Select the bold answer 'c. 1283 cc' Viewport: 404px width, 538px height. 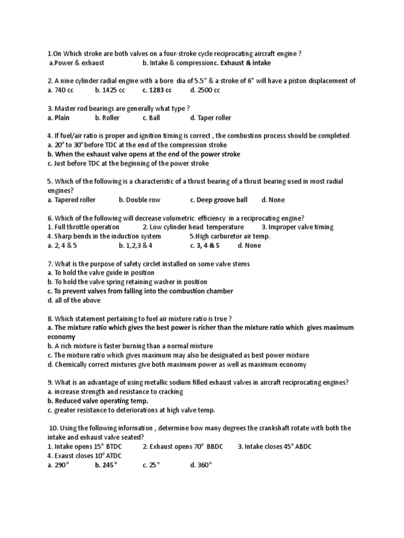pyautogui.click(x=157, y=90)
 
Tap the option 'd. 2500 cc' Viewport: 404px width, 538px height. pyautogui.click(x=205, y=90)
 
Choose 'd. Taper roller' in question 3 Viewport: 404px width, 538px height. pyautogui.click(x=210, y=118)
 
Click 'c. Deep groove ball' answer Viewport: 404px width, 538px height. pyautogui.click(x=218, y=200)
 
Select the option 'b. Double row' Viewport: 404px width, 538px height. pyautogui.click(x=139, y=200)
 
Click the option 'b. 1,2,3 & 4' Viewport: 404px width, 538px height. pyautogui.click(x=136, y=245)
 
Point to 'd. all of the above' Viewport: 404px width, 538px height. pyautogui.click(x=74, y=301)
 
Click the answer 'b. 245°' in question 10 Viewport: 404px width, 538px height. pyautogui.click(x=106, y=465)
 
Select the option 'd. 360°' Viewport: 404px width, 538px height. pyautogui.click(x=201, y=465)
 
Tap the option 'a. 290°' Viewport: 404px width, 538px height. pyautogui.click(x=58, y=465)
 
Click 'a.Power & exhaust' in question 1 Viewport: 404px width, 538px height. pyautogui.click(x=77, y=63)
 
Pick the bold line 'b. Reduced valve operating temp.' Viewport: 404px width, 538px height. pyautogui.click(x=98, y=401)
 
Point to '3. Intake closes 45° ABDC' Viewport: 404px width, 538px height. pyautogui.click(x=275, y=447)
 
